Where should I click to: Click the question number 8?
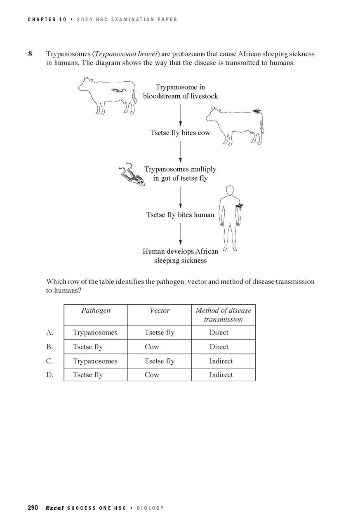pyautogui.click(x=30, y=54)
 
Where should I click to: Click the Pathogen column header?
pyautogui.click(x=96, y=311)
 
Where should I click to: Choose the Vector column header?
pyautogui.click(x=159, y=311)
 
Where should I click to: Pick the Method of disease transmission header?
pyautogui.click(x=223, y=315)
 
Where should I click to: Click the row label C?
pyautogui.click(x=49, y=361)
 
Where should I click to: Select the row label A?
pyautogui.click(x=49, y=332)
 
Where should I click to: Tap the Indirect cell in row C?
pyautogui.click(x=221, y=361)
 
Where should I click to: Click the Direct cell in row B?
pyautogui.click(x=219, y=347)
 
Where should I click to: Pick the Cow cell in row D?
pyautogui.click(x=152, y=375)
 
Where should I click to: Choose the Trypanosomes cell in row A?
pyautogui.click(x=95, y=332)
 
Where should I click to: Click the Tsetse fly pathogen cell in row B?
pyautogui.click(x=88, y=347)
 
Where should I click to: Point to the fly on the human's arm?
pyautogui.click(x=239, y=205)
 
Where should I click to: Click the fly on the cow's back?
pyautogui.click(x=256, y=111)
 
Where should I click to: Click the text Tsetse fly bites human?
pyautogui.click(x=180, y=215)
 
